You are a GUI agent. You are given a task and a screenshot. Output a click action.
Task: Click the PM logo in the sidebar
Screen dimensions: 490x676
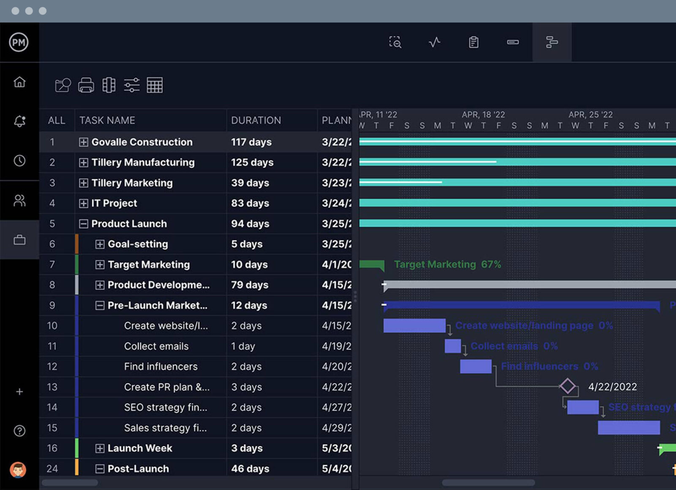click(x=19, y=42)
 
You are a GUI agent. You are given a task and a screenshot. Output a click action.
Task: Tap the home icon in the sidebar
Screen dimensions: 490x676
click(x=19, y=82)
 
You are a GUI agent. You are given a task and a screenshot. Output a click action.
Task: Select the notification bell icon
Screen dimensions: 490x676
click(x=19, y=121)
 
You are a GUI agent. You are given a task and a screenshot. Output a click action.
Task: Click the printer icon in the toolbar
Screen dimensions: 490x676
click(x=86, y=85)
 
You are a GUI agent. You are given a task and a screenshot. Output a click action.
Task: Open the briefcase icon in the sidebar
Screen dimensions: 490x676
click(x=19, y=240)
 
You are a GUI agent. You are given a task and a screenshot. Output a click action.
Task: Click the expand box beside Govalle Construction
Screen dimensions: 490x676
click(x=84, y=142)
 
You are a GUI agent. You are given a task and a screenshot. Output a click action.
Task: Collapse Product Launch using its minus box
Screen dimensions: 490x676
click(x=84, y=224)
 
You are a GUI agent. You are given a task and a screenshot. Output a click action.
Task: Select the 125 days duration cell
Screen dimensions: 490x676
click(x=252, y=162)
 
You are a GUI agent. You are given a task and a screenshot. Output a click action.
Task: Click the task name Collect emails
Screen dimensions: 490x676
click(x=156, y=346)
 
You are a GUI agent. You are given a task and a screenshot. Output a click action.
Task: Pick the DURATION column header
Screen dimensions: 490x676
click(x=256, y=120)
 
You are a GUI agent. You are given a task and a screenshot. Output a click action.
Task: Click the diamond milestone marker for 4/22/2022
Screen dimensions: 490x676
click(x=567, y=386)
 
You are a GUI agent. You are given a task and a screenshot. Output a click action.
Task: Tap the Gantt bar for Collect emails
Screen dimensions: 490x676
click(x=452, y=346)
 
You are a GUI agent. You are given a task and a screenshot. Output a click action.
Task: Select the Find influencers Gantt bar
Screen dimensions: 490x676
click(x=475, y=367)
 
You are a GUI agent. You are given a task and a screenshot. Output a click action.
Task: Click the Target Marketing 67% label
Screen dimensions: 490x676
click(x=447, y=265)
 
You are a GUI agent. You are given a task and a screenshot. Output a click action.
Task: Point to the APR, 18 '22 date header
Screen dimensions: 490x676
click(x=483, y=115)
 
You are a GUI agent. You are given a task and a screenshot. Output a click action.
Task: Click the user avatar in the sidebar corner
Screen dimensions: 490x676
click(x=18, y=470)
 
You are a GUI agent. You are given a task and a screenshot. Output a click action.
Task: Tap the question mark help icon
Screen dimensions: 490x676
click(x=19, y=431)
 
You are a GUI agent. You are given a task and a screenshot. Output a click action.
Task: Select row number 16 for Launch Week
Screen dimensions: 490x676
click(x=52, y=448)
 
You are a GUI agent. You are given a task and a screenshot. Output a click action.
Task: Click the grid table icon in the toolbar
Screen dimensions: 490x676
click(x=155, y=85)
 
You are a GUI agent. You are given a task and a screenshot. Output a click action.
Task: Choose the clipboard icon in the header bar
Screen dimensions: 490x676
click(x=474, y=42)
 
